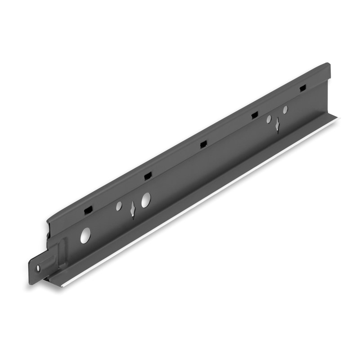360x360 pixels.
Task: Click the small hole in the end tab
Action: tap(38, 268)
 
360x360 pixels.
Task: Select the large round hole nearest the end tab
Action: tap(85, 235)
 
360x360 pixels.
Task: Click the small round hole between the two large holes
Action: tap(119, 206)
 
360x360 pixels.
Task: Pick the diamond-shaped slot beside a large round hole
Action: tap(133, 209)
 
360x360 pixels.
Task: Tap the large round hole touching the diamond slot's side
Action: tap(146, 200)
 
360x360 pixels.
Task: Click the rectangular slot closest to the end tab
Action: tap(88, 210)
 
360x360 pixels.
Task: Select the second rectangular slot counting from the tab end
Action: tap(148, 176)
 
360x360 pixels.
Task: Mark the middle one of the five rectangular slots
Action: tap(203, 144)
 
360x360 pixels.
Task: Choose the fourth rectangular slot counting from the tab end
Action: tap(255, 115)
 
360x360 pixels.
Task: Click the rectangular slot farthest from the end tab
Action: tap(303, 88)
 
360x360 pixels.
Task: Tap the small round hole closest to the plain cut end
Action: tap(285, 109)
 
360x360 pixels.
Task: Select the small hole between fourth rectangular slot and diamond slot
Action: tap(269, 119)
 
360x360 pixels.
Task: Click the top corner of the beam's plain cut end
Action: tap(329, 64)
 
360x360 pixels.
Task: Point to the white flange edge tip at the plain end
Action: tap(338, 118)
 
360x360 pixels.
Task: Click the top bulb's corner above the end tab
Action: tap(48, 221)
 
